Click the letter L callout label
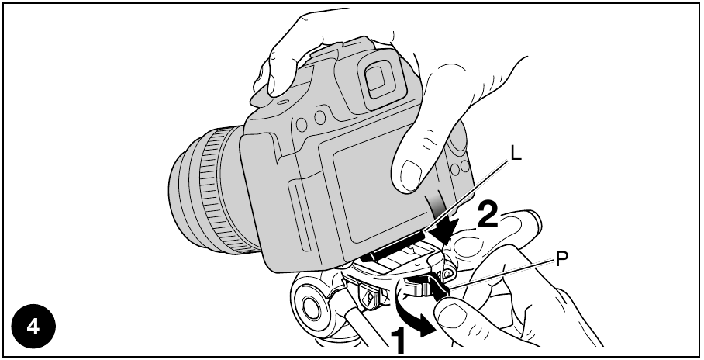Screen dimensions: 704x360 pyautogui.click(x=516, y=154)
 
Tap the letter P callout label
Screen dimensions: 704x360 pyautogui.click(x=561, y=259)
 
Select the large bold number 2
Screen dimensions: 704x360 pyautogui.click(x=488, y=214)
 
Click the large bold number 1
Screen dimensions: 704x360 pyautogui.click(x=399, y=341)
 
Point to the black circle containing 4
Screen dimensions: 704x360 pyautogui.click(x=33, y=327)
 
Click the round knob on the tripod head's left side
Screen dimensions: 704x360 pyautogui.click(x=310, y=306)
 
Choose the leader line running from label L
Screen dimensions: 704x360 pyautogui.click(x=468, y=196)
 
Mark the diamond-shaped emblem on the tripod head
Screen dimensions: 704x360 pyautogui.click(x=369, y=296)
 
